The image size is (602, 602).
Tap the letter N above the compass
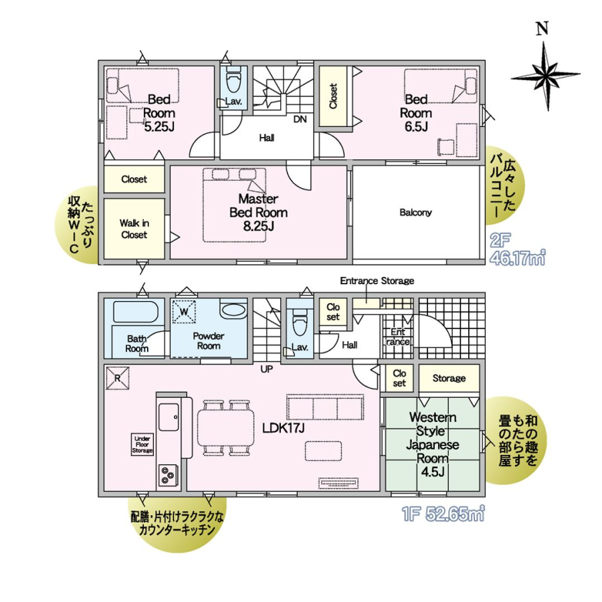[542, 29]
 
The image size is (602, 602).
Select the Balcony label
[415, 212]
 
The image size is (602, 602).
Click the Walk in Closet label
[134, 229]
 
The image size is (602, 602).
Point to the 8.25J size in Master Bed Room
[258, 226]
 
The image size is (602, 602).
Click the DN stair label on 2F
[300, 120]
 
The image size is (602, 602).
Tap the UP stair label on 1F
[267, 369]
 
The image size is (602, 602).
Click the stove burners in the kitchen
[168, 475]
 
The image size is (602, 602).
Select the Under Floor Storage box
[142, 445]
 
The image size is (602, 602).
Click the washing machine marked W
[185, 311]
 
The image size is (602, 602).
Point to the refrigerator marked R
[118, 378]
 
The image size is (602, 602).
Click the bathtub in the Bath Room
[136, 312]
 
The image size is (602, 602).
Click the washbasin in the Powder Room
[234, 310]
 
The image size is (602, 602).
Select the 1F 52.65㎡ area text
[443, 514]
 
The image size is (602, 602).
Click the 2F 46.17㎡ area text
[517, 249]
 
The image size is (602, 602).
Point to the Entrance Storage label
[377, 281]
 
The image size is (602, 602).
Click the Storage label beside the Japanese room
[449, 378]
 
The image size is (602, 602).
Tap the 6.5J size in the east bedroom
[416, 126]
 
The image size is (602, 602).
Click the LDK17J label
[284, 428]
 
